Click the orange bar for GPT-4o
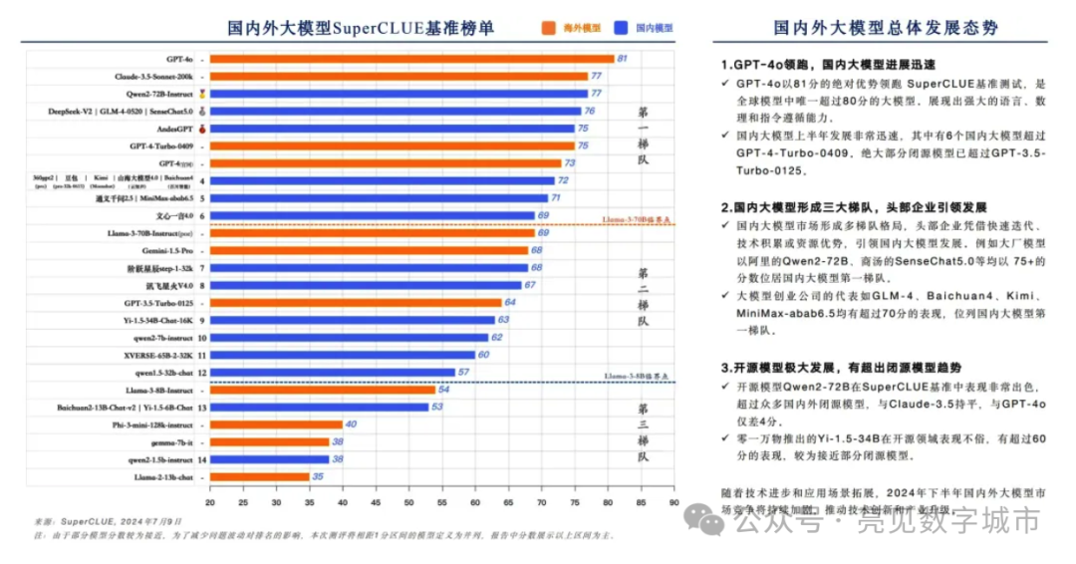pyautogui.click(x=411, y=60)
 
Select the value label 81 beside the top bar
pyautogui.click(x=622, y=60)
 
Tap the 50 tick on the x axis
pyautogui.click(x=408, y=501)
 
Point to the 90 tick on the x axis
pyautogui.click(x=673, y=501)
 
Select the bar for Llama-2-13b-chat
pyautogui.click(x=259, y=476)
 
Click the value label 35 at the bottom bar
pyautogui.click(x=318, y=476)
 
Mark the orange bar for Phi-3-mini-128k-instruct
pyautogui.click(x=276, y=424)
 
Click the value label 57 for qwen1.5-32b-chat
pyautogui.click(x=463, y=372)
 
